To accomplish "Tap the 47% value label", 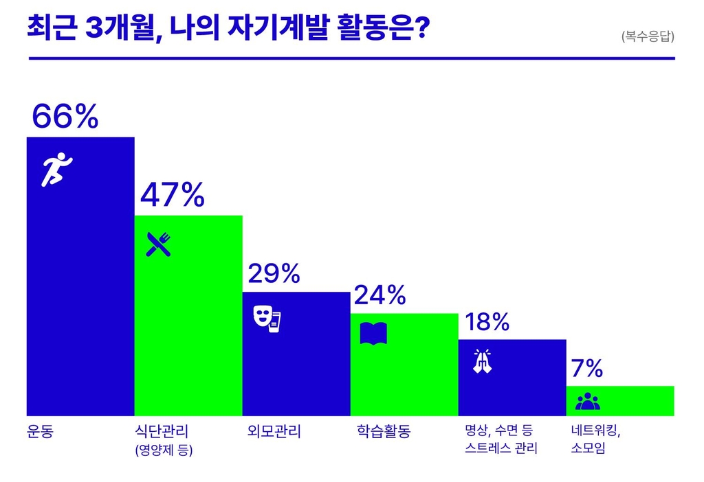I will click(x=172, y=195).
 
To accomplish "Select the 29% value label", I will click(x=274, y=273).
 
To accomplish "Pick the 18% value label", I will click(x=487, y=321).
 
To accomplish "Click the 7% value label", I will click(x=586, y=369).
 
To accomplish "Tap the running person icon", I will click(x=57, y=170).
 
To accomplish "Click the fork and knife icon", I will click(x=158, y=244).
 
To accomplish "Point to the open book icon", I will click(x=373, y=334).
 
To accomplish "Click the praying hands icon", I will click(x=483, y=361).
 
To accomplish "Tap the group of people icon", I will click(x=587, y=401).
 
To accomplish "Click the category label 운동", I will click(x=40, y=432).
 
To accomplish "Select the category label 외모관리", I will click(x=274, y=432).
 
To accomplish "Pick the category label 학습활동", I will click(x=383, y=432).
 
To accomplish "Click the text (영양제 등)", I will click(x=164, y=451).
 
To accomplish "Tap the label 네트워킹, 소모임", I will click(x=595, y=440).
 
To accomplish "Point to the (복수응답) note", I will click(x=647, y=36).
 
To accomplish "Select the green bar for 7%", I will click(x=619, y=401).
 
